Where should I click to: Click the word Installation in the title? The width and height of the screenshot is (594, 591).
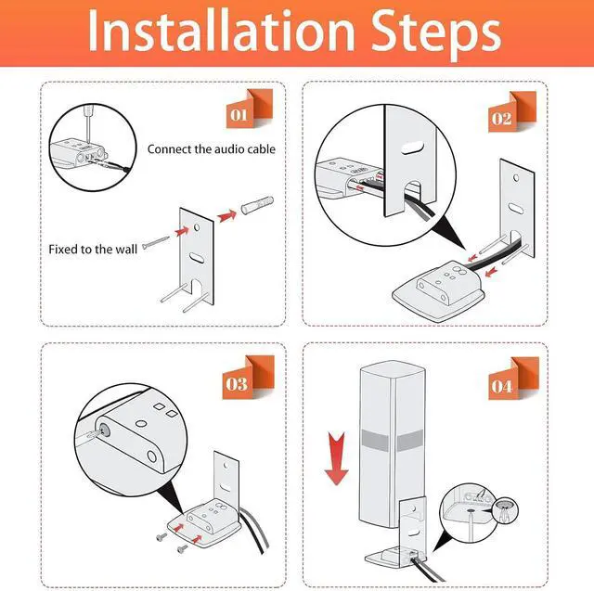click(222, 31)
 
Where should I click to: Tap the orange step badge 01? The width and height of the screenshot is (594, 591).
click(249, 109)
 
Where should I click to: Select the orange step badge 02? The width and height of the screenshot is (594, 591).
click(511, 111)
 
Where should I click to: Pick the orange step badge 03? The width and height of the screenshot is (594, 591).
click(248, 378)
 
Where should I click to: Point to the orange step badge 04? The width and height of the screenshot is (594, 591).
click(513, 379)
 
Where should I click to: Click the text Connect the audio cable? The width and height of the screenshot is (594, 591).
click(212, 149)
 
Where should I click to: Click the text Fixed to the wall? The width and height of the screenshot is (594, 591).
click(93, 250)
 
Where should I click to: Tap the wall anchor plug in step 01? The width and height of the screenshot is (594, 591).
click(257, 205)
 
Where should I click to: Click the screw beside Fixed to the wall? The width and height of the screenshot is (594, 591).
click(156, 242)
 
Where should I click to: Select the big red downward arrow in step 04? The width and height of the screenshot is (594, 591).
click(336, 458)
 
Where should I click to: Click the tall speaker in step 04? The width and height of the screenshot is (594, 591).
click(392, 443)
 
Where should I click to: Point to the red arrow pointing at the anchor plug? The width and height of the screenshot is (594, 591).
click(226, 216)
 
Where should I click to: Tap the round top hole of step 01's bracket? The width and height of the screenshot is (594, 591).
click(197, 227)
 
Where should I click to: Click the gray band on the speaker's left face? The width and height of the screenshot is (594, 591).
click(375, 441)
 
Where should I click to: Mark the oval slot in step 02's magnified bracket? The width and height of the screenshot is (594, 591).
click(412, 148)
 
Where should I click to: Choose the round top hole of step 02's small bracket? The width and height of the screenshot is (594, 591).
click(516, 177)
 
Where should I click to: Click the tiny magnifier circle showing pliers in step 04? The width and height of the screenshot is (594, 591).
click(505, 510)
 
